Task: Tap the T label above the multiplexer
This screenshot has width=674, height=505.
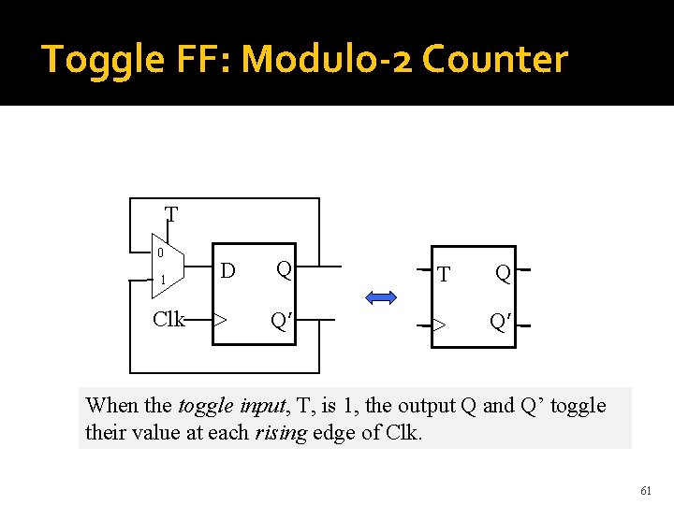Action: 171,215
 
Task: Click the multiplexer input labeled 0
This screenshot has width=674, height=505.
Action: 161,252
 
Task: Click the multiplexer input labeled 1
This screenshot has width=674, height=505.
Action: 162,280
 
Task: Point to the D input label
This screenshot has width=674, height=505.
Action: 227,271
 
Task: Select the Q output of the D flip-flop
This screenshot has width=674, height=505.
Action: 284,269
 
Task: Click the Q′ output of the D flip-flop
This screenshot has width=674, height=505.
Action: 279,320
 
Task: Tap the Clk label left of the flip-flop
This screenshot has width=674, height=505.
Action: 168,319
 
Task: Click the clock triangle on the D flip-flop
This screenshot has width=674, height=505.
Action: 220,319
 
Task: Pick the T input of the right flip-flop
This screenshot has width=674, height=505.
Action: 444,275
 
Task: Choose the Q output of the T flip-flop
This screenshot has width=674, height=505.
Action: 503,273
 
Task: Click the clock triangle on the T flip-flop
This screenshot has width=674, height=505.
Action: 438,325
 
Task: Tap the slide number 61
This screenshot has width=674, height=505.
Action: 646,489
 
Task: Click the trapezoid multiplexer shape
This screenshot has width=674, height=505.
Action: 168,266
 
